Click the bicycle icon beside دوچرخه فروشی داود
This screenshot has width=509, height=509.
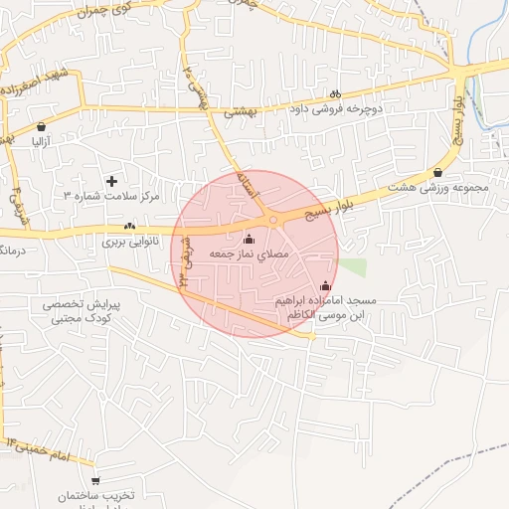[335, 94]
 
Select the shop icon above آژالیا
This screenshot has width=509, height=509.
[41, 127]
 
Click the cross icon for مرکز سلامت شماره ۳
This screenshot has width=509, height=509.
[111, 181]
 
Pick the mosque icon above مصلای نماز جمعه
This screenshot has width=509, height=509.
[249, 239]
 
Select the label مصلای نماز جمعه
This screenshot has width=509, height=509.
[249, 254]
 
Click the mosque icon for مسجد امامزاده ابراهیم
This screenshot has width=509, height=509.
[326, 286]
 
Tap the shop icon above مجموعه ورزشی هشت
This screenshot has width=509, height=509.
[438, 172]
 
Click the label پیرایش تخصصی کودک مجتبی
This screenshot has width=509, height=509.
[82, 310]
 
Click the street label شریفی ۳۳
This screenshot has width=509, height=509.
[184, 265]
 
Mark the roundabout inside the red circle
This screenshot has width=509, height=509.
[272, 220]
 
